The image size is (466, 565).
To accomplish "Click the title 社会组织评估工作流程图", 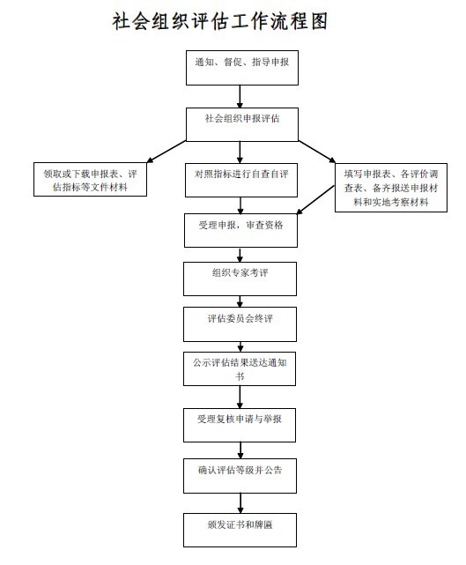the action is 220,21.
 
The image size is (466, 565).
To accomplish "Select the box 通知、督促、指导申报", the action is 242,68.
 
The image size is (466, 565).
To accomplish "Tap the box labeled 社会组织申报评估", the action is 242,124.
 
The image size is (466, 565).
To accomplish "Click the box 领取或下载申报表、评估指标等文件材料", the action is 90,180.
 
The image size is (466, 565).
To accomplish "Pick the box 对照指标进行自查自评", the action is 241,180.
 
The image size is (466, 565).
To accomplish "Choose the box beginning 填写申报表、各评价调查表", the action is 391,188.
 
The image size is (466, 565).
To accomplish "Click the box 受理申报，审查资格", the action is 240,230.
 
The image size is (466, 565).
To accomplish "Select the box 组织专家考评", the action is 240,279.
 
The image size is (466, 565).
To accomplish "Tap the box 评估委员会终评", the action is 240,324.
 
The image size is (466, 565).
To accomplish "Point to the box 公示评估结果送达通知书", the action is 240,369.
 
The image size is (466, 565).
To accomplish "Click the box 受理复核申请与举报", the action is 240,425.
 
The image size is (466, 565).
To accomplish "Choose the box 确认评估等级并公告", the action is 240,476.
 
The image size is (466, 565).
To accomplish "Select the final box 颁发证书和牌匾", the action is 240,530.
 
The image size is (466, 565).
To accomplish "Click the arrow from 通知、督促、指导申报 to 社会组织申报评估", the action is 240,96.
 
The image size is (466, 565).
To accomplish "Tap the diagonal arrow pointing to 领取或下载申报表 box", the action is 166,152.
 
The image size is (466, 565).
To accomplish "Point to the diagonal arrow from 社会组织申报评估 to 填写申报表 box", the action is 317,152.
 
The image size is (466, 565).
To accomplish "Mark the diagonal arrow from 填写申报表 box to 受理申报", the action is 315,200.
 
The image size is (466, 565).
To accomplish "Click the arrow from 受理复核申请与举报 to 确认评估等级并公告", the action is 240,450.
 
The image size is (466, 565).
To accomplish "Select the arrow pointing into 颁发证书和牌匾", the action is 240,503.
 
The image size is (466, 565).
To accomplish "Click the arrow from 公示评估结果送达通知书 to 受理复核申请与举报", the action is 240,397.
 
